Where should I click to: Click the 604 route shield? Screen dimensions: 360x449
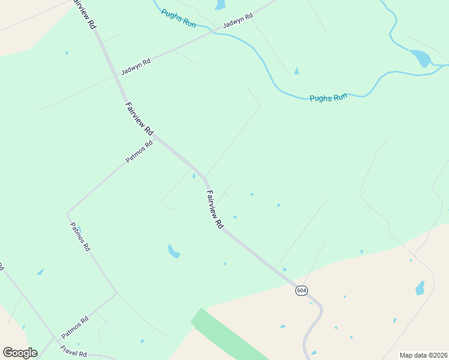301,290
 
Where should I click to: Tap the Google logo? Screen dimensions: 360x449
20,353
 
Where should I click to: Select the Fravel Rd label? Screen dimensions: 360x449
73,350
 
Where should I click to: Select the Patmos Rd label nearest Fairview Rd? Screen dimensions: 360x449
139,152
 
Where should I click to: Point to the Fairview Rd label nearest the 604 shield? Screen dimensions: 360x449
214,209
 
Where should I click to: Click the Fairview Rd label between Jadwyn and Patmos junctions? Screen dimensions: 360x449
139,118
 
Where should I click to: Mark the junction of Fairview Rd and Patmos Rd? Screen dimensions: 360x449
155,137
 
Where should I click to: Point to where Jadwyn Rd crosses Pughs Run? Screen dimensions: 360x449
211,31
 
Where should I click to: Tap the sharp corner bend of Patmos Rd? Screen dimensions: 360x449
68,212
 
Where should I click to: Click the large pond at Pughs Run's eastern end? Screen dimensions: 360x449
421,58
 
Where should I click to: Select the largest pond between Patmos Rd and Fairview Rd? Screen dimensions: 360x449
173,252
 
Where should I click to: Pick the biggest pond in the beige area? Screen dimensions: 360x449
420,288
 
